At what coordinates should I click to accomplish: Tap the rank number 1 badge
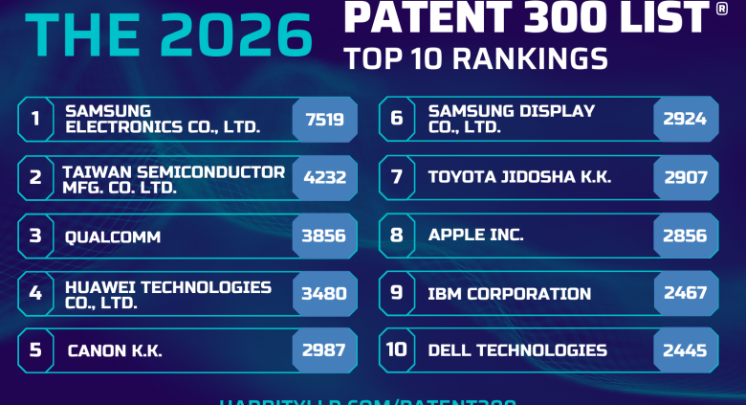pyautogui.click(x=35, y=120)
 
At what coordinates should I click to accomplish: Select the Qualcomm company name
pyautogui.click(x=113, y=236)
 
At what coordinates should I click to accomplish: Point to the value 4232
pyautogui.click(x=324, y=178)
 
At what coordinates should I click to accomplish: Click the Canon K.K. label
pyautogui.click(x=115, y=350)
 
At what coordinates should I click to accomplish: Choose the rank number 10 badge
pyautogui.click(x=397, y=350)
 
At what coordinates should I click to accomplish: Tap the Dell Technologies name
pyautogui.click(x=517, y=350)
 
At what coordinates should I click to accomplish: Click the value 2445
pyautogui.click(x=686, y=350)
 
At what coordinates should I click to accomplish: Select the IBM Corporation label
pyautogui.click(x=510, y=294)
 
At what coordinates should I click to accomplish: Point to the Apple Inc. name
pyautogui.click(x=476, y=236)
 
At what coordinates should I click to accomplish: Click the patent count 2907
pyautogui.click(x=686, y=178)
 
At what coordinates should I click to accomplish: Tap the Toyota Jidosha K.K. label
pyautogui.click(x=519, y=178)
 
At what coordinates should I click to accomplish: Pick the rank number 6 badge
pyautogui.click(x=397, y=120)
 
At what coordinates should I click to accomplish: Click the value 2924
pyautogui.click(x=686, y=120)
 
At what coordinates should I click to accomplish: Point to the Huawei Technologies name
pyautogui.click(x=167, y=294)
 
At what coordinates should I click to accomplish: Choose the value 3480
pyautogui.click(x=324, y=294)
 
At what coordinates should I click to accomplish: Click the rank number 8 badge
pyautogui.click(x=397, y=236)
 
